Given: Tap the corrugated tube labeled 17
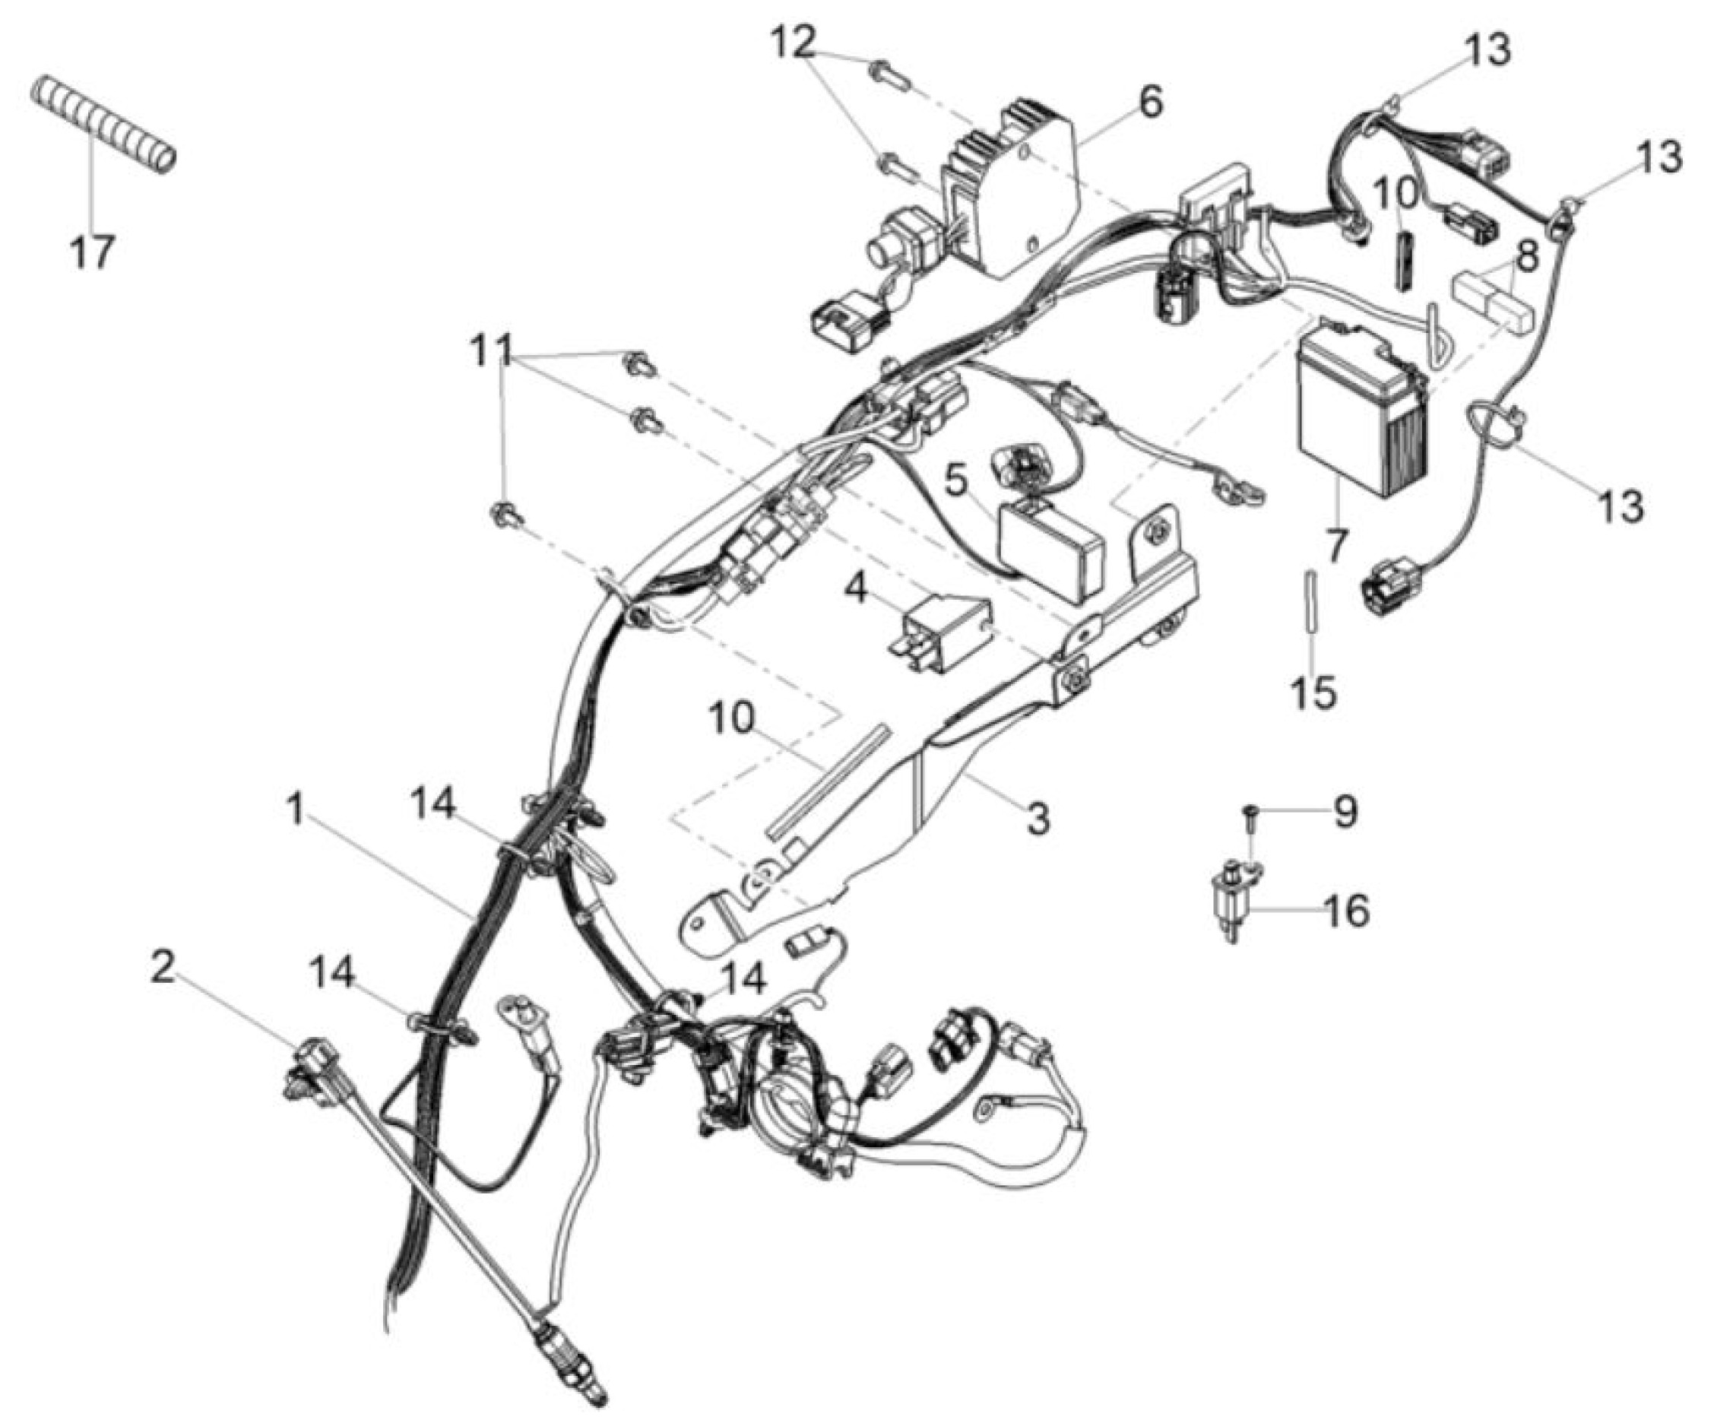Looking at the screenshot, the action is click(x=104, y=123).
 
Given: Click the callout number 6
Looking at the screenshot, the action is click(x=1149, y=104).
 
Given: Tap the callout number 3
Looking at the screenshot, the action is click(x=1037, y=816).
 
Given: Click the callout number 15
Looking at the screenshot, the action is click(x=1314, y=691).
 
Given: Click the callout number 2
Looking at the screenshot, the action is click(x=163, y=968).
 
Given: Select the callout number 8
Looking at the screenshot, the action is click(x=1526, y=255).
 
